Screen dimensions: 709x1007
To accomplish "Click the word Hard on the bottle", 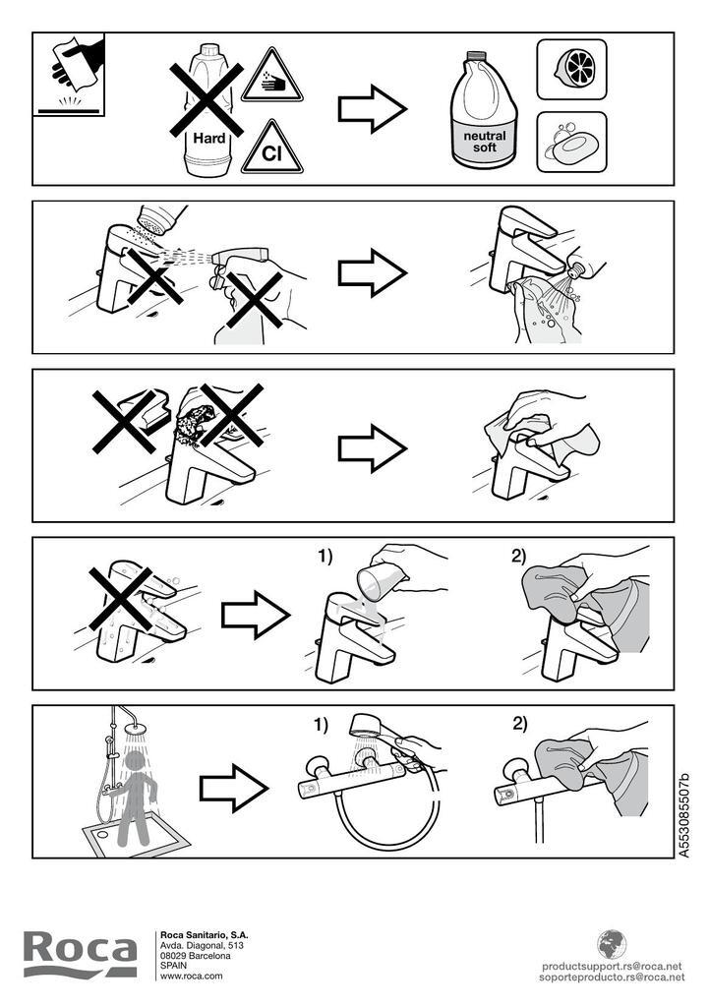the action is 209,138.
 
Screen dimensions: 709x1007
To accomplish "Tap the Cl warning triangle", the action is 271,148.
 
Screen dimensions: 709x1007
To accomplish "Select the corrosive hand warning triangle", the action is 271,77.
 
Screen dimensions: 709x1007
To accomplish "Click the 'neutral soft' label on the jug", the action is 485,142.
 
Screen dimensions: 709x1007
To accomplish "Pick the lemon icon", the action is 571,70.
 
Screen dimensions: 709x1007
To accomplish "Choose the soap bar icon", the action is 571,142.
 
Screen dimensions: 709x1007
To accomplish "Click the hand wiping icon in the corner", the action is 69,75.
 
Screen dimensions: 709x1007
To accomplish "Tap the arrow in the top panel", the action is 373,108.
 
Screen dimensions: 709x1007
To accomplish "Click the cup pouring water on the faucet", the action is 379,580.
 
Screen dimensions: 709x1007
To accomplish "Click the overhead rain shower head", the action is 136,730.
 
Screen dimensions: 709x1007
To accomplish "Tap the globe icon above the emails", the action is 612,944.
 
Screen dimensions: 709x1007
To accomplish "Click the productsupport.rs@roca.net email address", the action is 612,966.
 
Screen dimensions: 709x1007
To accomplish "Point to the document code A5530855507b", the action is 684,815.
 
